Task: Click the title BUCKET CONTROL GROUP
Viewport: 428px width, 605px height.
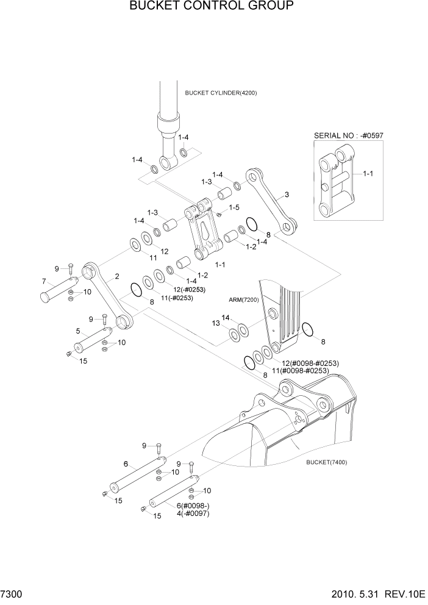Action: coord(212,7)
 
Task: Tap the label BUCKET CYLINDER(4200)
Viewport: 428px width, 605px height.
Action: coord(221,93)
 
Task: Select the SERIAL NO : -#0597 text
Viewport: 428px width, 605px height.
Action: coord(348,135)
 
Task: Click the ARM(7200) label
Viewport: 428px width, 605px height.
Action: coord(243,300)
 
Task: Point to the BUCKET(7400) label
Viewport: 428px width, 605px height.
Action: coord(327,462)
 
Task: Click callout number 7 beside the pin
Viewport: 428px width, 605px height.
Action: coord(44,281)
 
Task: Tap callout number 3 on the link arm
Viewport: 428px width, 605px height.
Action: coord(287,196)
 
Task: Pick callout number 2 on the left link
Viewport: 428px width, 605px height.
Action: coord(116,276)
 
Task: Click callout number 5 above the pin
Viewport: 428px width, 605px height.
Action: coord(78,331)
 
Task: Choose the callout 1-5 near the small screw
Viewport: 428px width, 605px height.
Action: coord(234,208)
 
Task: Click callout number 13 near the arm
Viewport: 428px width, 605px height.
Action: coord(216,323)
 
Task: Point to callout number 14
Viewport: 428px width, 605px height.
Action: coord(226,318)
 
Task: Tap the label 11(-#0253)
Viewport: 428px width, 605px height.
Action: coord(177,298)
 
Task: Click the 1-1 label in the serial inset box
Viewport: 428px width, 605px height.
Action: coord(368,174)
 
